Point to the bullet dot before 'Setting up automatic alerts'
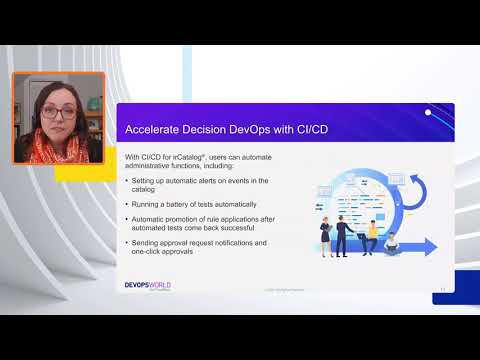[128, 180]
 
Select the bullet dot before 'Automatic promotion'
[128, 219]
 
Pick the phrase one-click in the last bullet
[151, 251]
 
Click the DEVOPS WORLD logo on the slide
[142, 285]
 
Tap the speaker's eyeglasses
[57, 113]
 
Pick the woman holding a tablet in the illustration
[326, 236]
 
